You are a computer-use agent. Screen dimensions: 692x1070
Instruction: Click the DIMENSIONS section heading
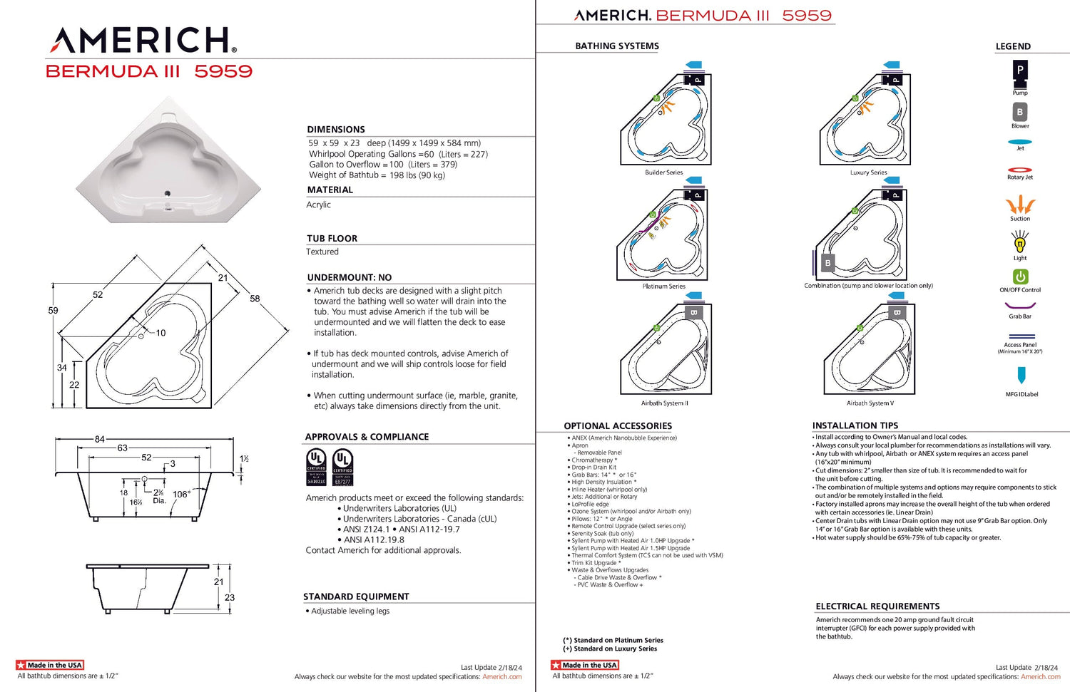[x=336, y=130]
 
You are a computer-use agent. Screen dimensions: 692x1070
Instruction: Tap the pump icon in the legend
[x=1020, y=71]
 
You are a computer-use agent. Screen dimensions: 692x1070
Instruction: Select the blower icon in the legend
[x=1020, y=112]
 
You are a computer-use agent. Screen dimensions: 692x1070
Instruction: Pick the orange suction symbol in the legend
[x=1020, y=205]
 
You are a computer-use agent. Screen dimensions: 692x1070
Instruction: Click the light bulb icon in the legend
[x=1020, y=243]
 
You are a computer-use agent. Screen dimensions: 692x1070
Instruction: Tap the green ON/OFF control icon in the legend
[x=1020, y=277]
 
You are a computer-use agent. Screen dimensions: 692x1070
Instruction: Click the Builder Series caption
[x=663, y=172]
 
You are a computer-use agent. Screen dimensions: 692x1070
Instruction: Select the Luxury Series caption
[x=868, y=172]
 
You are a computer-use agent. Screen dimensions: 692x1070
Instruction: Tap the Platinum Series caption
[x=663, y=286]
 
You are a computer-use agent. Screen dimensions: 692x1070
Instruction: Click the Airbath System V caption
[x=870, y=403]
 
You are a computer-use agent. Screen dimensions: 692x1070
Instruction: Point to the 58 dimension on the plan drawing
[x=255, y=299]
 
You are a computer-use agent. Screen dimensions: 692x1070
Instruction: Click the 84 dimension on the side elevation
[x=100, y=439]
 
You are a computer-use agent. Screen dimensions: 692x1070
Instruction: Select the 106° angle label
[x=181, y=494]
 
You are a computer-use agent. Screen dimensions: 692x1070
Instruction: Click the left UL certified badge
[x=316, y=468]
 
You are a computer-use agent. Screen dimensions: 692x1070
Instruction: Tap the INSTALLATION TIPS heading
[x=855, y=425]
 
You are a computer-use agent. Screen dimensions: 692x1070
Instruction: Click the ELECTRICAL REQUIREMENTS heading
[x=877, y=606]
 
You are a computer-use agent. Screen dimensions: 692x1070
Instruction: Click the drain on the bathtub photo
[x=168, y=192]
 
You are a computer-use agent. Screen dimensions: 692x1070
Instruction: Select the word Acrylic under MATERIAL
[x=319, y=205]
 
